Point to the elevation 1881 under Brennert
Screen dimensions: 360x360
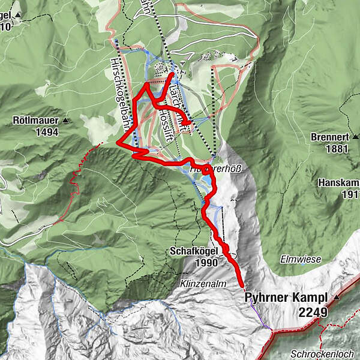338,148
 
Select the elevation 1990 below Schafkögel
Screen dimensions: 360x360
206,262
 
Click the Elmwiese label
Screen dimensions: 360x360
301,259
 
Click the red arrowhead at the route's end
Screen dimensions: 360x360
187,122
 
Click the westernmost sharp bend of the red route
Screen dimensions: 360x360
119,143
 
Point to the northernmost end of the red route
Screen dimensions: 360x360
172,74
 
